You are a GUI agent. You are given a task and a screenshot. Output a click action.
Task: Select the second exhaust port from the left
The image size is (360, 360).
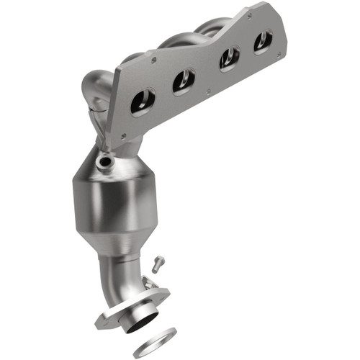pyautogui.click(x=183, y=82)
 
